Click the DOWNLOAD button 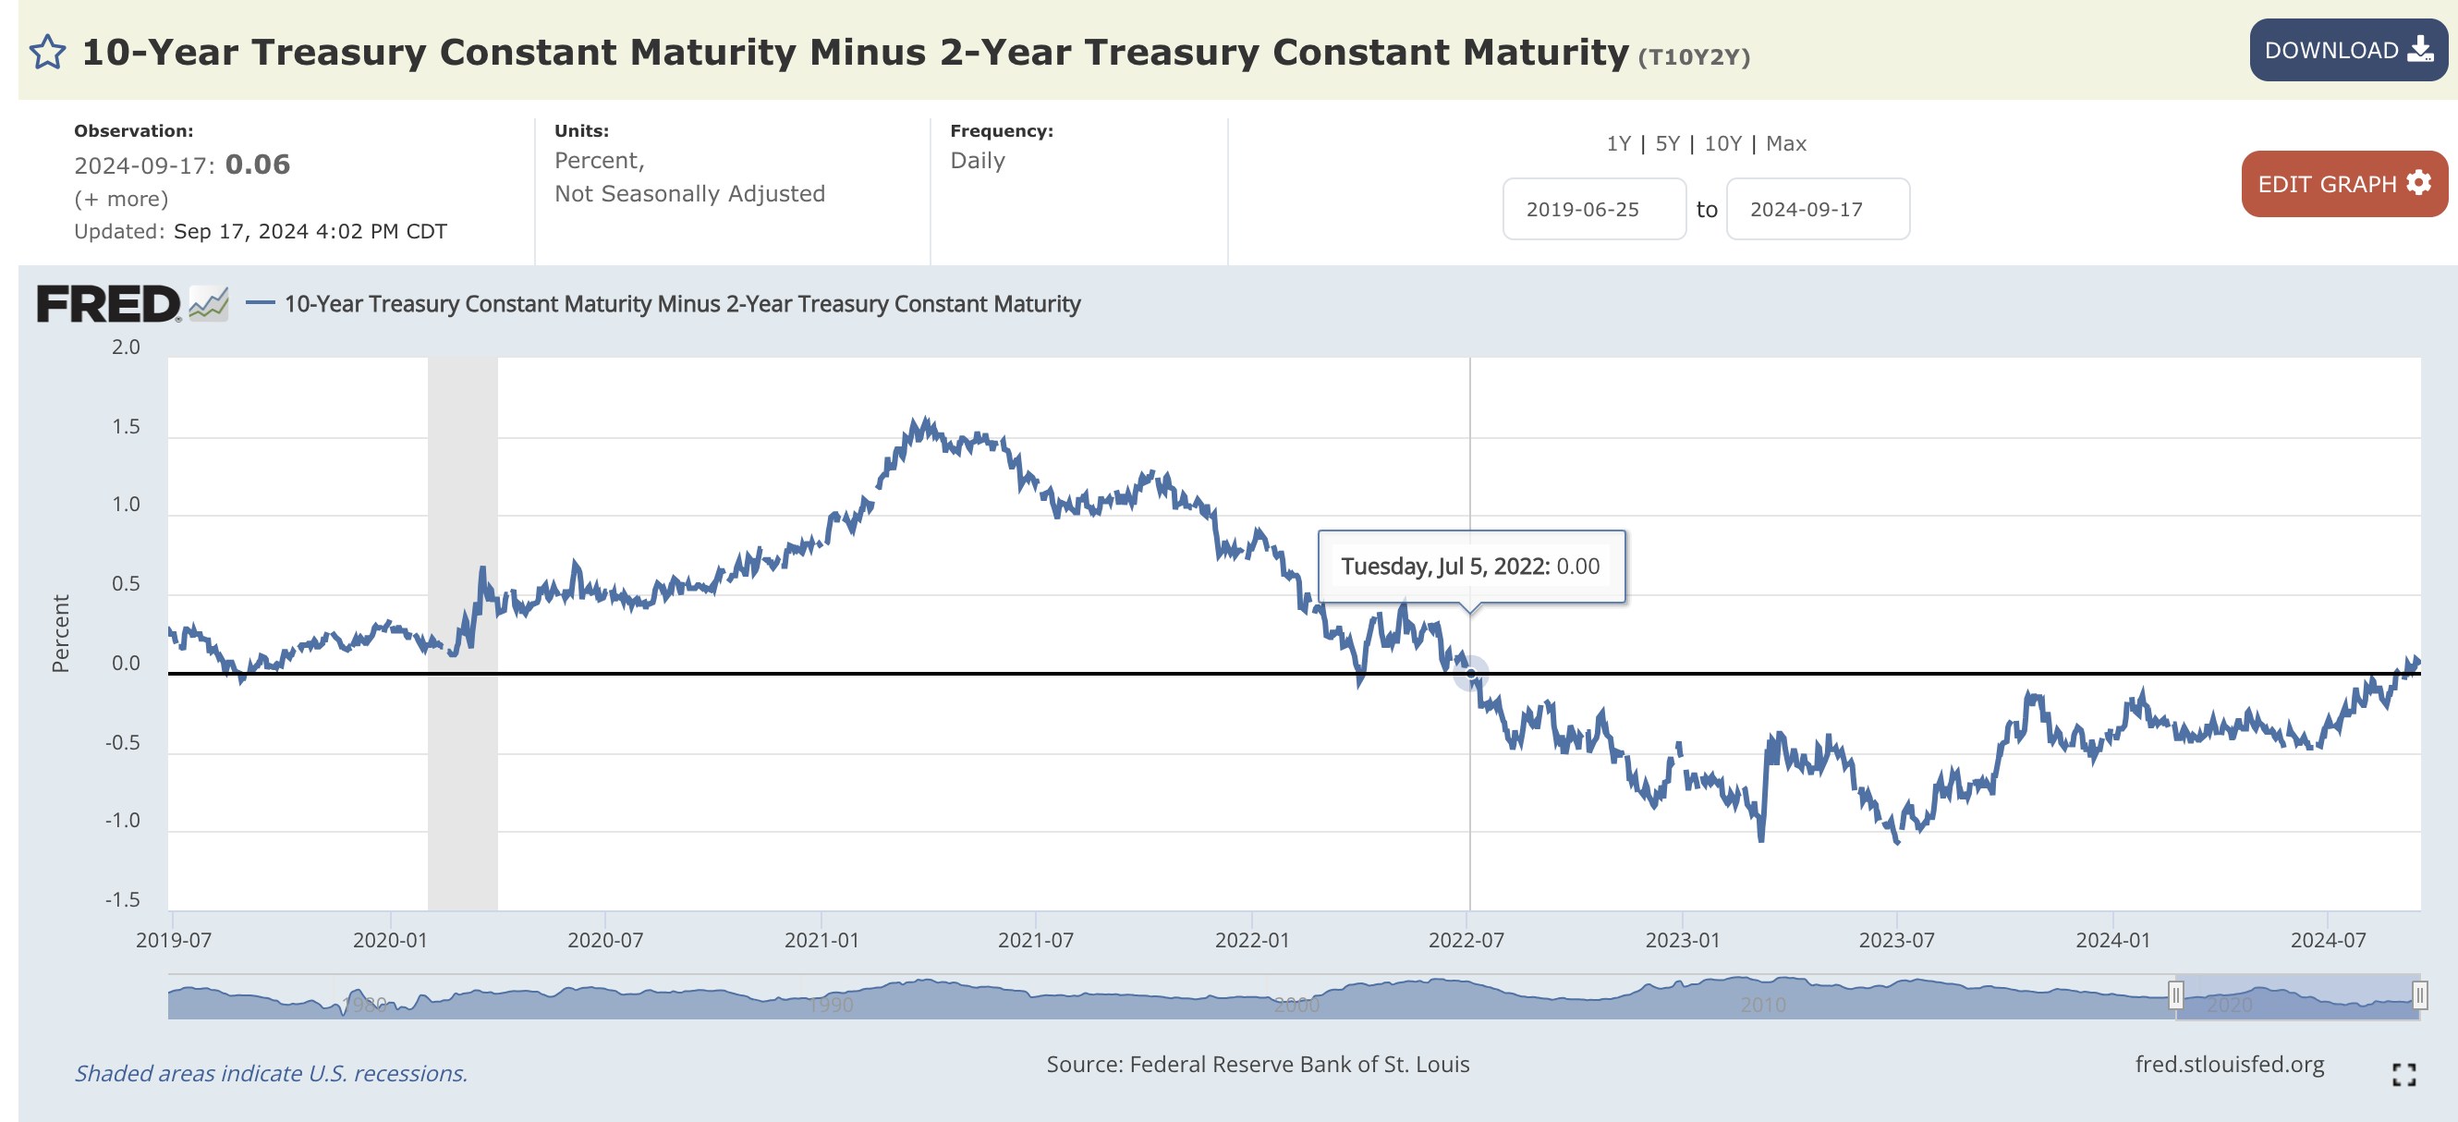2346,51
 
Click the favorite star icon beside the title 48,53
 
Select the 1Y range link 1618,143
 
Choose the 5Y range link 1667,143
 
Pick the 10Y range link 1722,143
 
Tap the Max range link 1785,143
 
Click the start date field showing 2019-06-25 1592,209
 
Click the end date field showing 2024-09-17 1817,209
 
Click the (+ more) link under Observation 121,199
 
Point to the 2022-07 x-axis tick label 1466,940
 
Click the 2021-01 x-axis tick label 821,940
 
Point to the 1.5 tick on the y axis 126,426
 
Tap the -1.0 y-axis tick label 122,821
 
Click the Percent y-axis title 61,633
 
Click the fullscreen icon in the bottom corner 2403,1074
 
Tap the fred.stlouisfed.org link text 2229,1064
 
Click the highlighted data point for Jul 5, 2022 1470,674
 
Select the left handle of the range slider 2175,996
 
